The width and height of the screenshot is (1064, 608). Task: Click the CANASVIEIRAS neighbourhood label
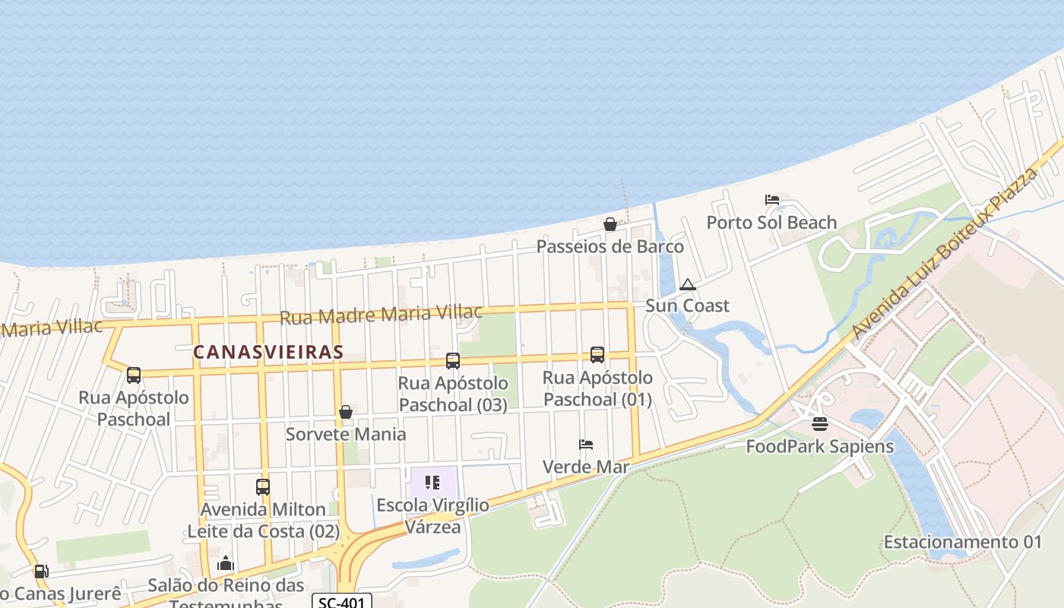[268, 353]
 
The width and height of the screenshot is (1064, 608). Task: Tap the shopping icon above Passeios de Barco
[610, 224]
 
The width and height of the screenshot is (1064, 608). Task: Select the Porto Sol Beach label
[771, 223]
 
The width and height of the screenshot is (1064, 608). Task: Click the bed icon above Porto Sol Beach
[772, 200]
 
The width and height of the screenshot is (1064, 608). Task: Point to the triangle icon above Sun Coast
[688, 285]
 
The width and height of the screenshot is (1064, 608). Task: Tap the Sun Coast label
[687, 306]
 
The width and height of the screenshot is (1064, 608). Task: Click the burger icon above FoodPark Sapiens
[819, 424]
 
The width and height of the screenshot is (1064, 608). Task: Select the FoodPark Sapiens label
[819, 446]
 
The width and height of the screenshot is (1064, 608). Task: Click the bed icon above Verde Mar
[586, 445]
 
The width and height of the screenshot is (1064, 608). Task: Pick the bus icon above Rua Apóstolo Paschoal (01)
[597, 355]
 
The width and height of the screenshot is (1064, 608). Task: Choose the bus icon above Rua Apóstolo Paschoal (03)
[453, 360]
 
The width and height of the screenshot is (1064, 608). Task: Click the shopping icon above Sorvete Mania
[346, 412]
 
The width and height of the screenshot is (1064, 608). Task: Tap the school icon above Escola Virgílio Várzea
[432, 483]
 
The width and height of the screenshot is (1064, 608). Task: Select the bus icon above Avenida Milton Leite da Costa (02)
[263, 486]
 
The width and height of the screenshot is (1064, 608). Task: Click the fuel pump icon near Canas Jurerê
[41, 572]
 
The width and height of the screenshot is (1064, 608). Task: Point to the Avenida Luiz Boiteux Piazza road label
[945, 253]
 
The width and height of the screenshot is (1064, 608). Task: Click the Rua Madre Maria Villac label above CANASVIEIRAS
[381, 314]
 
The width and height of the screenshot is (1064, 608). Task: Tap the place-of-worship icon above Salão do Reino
[226, 564]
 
